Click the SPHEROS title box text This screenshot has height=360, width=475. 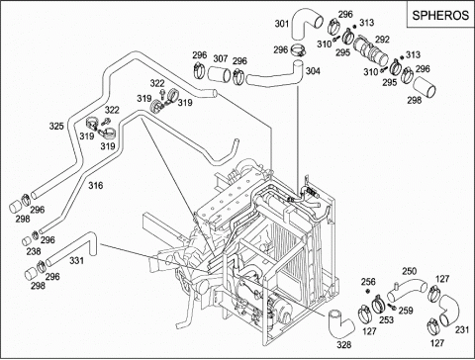(x=440, y=15)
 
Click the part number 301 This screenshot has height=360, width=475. (x=282, y=24)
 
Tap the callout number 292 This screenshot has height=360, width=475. (x=382, y=40)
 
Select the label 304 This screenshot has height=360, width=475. (x=313, y=71)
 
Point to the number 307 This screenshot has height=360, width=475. (x=221, y=58)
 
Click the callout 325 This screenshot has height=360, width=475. (x=56, y=126)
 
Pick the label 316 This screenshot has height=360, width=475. (x=96, y=186)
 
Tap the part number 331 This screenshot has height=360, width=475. (x=76, y=261)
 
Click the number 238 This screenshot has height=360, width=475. (x=34, y=251)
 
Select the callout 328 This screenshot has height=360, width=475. (x=344, y=345)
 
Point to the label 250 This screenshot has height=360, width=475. (x=409, y=271)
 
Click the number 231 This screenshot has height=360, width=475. (x=462, y=329)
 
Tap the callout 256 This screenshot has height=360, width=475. (x=368, y=282)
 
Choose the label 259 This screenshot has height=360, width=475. (x=406, y=311)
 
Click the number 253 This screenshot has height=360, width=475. (x=386, y=319)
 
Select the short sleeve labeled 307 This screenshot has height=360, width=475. (x=220, y=75)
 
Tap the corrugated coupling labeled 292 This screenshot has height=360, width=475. (x=371, y=52)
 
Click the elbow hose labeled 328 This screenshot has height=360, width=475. (x=339, y=323)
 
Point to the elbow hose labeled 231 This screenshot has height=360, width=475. (x=449, y=310)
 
